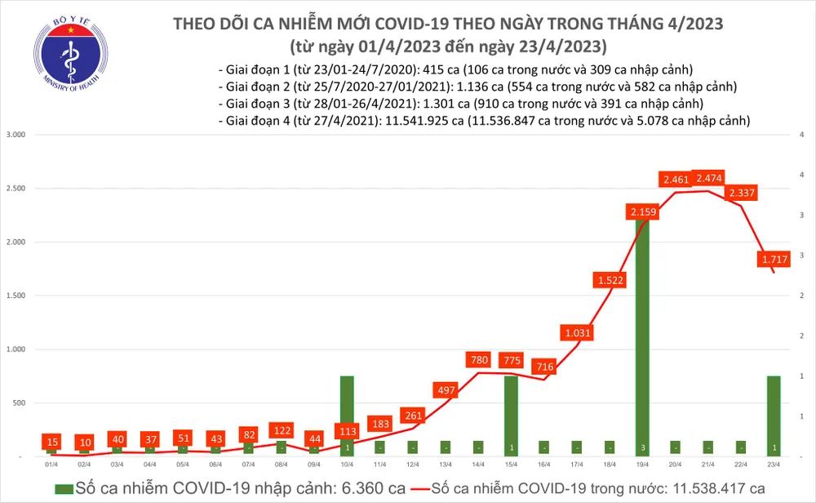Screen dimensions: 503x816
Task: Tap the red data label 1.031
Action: pos(575,332)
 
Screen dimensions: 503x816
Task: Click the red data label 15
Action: pos(52,441)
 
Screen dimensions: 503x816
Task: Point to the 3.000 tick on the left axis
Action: pos(16,135)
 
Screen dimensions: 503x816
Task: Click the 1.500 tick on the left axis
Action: pos(16,296)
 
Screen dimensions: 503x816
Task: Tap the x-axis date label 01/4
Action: pos(52,465)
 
